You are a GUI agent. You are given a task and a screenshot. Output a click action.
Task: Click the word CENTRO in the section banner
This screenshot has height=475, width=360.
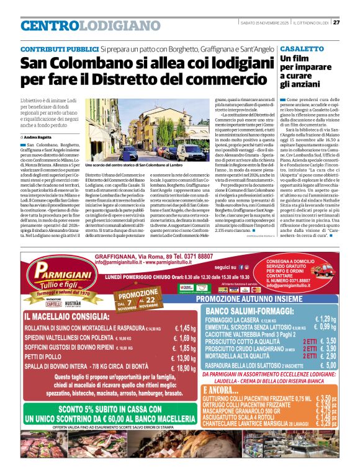pos(50,26)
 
